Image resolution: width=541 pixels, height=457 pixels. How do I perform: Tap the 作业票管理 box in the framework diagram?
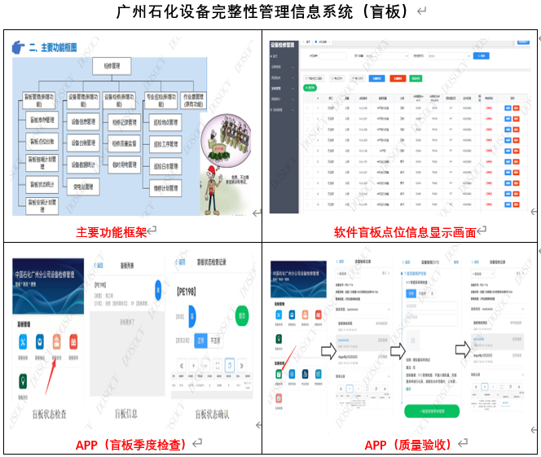[x=192, y=99]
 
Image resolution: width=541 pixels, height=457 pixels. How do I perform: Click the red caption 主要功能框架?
[x=111, y=232]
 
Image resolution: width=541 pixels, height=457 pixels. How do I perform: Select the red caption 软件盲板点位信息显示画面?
[x=405, y=232]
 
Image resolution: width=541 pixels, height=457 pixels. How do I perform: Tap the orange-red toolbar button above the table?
[x=397, y=78]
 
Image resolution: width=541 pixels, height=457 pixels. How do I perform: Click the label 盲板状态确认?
[x=215, y=413]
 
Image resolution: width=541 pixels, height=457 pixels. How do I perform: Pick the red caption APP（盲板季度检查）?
[x=130, y=445]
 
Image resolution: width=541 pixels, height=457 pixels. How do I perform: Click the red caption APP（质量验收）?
[x=406, y=445]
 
